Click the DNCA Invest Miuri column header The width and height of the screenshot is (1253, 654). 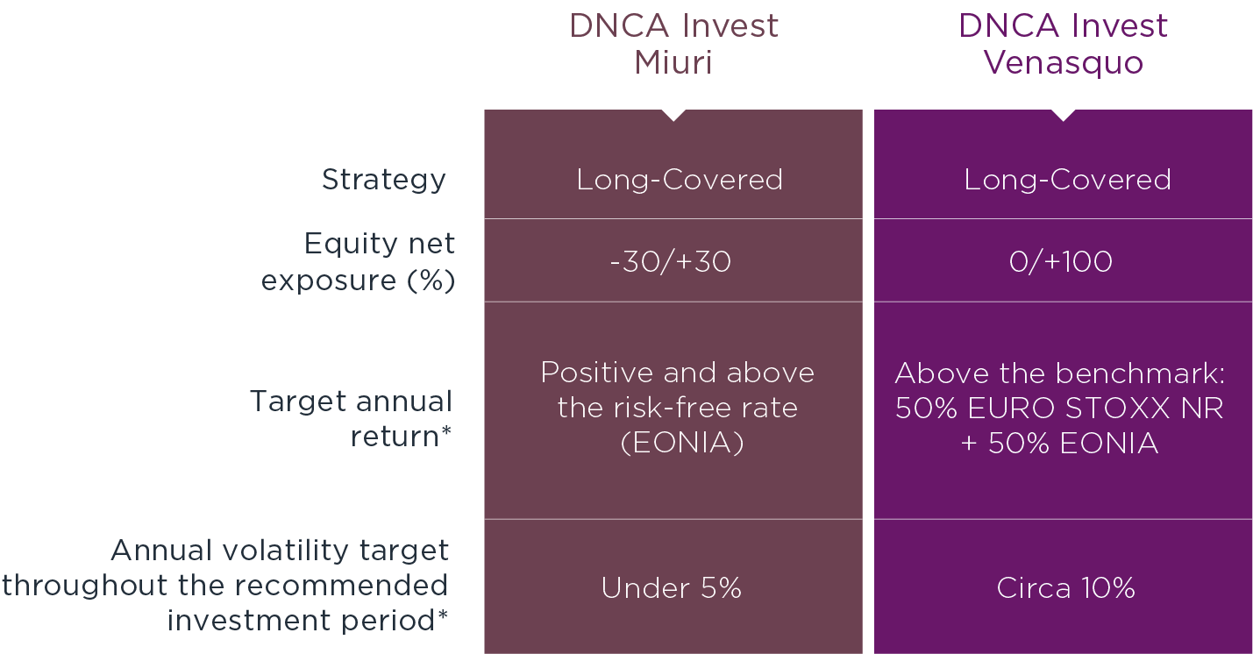pos(673,44)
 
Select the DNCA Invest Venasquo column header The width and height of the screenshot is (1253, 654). pos(1063,44)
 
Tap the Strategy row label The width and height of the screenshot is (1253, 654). pos(384,180)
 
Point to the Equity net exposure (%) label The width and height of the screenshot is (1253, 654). pos(358,261)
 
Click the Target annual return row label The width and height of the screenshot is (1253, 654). pos(351,418)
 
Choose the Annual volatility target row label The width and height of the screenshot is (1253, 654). pos(224,586)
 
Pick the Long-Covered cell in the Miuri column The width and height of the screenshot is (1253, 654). pos(680,180)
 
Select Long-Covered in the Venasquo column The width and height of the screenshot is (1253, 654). pos(1067,180)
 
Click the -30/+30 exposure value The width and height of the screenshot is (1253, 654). pos(671,261)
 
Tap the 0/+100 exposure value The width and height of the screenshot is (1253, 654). pos(1061,261)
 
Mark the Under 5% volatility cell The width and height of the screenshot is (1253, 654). pos(672,588)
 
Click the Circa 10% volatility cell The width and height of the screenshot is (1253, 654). pos(1065,588)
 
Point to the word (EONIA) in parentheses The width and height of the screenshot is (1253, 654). pos(682,443)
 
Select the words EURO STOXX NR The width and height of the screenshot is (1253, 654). pos(1095,408)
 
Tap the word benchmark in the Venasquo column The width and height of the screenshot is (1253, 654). pos(1141,373)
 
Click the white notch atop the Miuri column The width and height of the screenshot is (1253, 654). pos(673,115)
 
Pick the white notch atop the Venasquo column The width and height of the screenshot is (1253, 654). pos(1063,115)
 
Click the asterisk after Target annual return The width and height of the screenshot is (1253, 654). pos(446,430)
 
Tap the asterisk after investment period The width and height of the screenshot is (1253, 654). pos(443,615)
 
